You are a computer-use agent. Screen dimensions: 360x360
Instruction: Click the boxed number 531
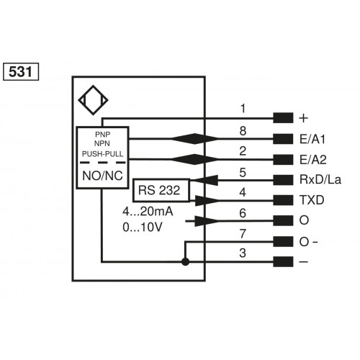click(22, 72)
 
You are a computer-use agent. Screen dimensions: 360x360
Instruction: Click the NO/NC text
click(102, 175)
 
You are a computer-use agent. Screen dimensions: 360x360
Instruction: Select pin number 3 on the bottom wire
click(243, 253)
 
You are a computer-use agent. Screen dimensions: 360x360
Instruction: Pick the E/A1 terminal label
click(311, 139)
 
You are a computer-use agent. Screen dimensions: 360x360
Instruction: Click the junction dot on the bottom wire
click(186, 262)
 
